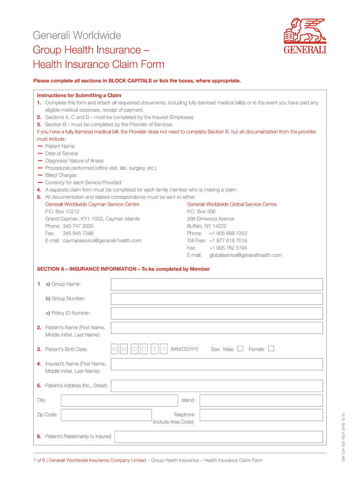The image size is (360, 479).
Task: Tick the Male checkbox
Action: pyautogui.click(x=240, y=348)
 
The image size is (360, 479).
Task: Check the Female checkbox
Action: pyautogui.click(x=271, y=348)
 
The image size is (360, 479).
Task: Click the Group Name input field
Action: pyautogui.click(x=216, y=284)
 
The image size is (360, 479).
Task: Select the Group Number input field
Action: pyautogui.click(x=216, y=299)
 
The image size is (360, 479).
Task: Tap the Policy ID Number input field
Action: pyautogui.click(x=216, y=313)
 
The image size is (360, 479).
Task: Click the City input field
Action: pyautogui.click(x=118, y=400)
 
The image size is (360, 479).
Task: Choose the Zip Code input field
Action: pyautogui.click(x=106, y=415)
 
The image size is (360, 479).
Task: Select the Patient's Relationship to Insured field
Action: pyautogui.click(x=218, y=437)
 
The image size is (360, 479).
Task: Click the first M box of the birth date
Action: pyautogui.click(x=115, y=349)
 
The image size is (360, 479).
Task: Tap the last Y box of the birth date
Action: pyautogui.click(x=164, y=349)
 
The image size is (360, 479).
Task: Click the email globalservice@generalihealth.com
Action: pyautogui.click(x=245, y=255)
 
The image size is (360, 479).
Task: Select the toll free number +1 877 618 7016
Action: pyautogui.click(x=228, y=240)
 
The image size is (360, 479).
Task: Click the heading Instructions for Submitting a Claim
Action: pyautogui.click(x=79, y=95)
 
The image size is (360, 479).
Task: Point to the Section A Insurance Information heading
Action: pyautogui.click(x=123, y=269)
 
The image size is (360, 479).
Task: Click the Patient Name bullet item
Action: pyautogui.click(x=60, y=146)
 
